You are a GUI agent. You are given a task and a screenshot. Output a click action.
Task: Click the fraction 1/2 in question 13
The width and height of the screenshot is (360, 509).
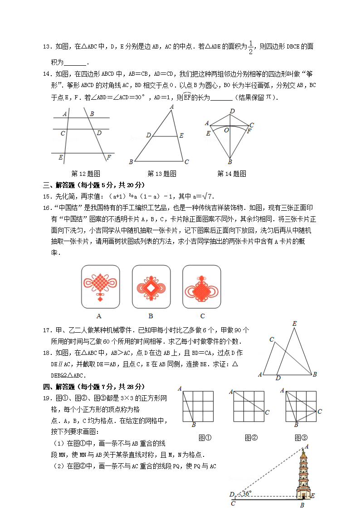(250, 47)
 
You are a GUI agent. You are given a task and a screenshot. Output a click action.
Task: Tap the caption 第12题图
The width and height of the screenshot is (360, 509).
(86, 174)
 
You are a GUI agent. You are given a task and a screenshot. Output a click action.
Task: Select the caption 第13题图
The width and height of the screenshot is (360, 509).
(162, 174)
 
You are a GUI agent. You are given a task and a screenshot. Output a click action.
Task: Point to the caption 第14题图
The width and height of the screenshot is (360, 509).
(232, 174)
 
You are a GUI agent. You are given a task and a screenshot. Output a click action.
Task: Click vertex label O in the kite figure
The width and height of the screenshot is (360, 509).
(226, 130)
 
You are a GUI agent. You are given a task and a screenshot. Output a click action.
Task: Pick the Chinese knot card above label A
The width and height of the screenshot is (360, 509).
(100, 286)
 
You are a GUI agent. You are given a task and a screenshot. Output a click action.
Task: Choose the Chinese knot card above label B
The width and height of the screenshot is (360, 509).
(151, 286)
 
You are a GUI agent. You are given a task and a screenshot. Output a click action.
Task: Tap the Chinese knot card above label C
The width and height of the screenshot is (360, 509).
(202, 286)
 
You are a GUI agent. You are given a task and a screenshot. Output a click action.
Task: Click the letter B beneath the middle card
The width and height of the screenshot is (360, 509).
(151, 316)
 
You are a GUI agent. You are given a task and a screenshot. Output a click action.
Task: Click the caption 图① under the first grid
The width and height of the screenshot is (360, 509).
(205, 438)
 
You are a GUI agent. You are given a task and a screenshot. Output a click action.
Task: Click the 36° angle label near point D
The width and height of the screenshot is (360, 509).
(246, 493)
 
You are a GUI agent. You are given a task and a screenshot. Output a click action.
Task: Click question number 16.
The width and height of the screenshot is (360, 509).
(46, 207)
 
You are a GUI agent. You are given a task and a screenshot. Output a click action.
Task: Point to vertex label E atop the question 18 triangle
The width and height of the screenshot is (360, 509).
(295, 324)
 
